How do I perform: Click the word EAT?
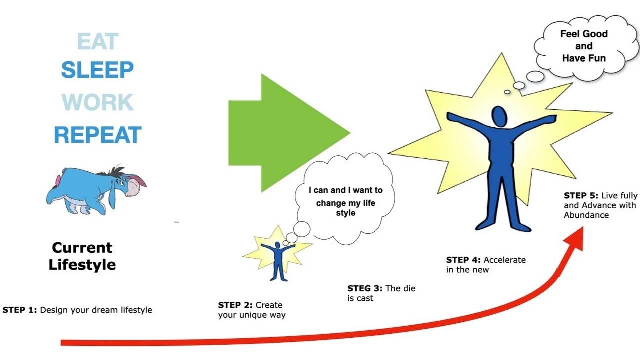pyautogui.click(x=97, y=42)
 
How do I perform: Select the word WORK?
pyautogui.click(x=97, y=102)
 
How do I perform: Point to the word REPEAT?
pyautogui.click(x=98, y=135)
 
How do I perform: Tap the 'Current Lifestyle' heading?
pyautogui.click(x=82, y=256)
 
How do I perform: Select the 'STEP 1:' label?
pyautogui.click(x=20, y=310)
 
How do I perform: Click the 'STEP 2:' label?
pyautogui.click(x=235, y=305)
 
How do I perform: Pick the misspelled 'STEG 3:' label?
pyautogui.click(x=365, y=288)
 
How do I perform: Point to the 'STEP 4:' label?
pyautogui.click(x=463, y=260)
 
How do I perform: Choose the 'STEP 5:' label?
pyautogui.click(x=581, y=195)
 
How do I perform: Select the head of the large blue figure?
pyautogui.click(x=499, y=116)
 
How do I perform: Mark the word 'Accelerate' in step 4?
pyautogui.click(x=504, y=260)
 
